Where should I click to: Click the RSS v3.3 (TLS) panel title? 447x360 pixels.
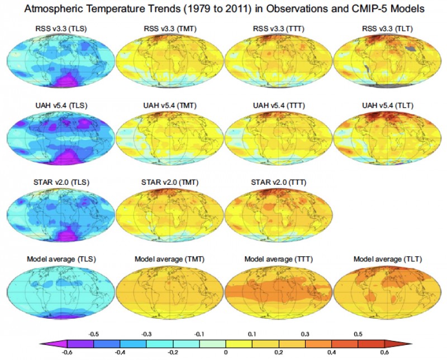tap(60, 28)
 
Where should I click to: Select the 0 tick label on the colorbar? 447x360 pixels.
tap(226, 353)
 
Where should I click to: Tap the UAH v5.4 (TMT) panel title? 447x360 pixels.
tap(170, 105)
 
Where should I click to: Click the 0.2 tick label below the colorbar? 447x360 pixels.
tap(279, 353)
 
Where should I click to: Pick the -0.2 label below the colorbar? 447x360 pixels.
tap(173, 353)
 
